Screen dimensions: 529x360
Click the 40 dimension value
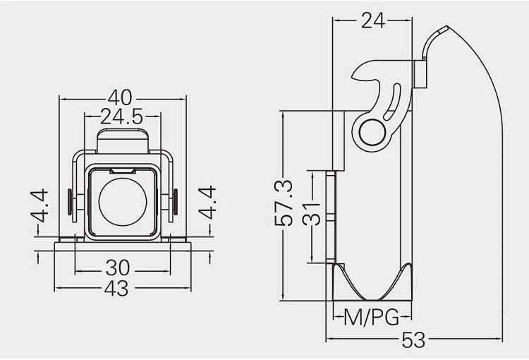(x=120, y=97)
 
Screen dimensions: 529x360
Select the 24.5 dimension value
(x=122, y=117)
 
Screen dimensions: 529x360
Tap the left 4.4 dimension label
(x=39, y=205)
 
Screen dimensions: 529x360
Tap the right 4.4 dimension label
(x=207, y=203)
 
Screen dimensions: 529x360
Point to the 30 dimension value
(x=118, y=268)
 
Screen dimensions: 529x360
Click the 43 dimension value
(x=116, y=289)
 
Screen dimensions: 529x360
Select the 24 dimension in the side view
(x=373, y=20)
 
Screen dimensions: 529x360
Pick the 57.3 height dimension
(x=284, y=203)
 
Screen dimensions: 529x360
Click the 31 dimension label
(x=311, y=214)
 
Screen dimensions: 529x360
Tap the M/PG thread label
(x=372, y=318)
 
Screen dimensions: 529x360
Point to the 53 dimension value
(x=413, y=340)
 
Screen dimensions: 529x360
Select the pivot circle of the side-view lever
(x=372, y=132)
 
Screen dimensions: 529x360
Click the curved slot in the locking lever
(x=392, y=102)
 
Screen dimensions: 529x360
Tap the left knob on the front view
(x=70, y=202)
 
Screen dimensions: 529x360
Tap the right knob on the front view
(x=176, y=202)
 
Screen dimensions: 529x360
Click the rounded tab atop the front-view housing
(x=123, y=141)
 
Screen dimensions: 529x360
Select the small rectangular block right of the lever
(x=420, y=74)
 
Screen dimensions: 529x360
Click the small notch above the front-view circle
(x=123, y=172)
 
